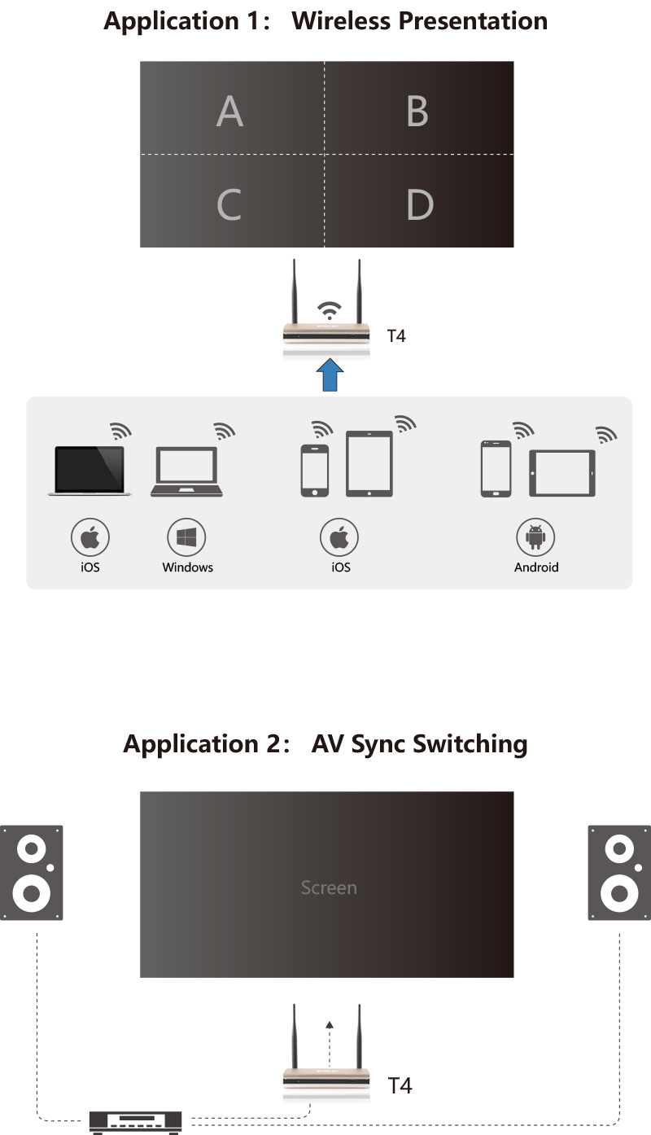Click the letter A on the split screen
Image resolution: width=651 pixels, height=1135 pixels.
pyautogui.click(x=229, y=111)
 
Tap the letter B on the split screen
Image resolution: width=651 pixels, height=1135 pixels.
pyautogui.click(x=417, y=111)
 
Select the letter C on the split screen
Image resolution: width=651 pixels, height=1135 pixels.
pyautogui.click(x=229, y=204)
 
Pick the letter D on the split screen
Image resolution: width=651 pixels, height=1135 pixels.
pyautogui.click(x=419, y=204)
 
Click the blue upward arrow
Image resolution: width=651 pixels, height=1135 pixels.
pyautogui.click(x=329, y=375)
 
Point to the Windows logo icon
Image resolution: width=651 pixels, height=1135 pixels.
pyautogui.click(x=186, y=537)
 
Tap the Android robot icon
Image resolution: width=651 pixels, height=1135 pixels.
pyautogui.click(x=535, y=537)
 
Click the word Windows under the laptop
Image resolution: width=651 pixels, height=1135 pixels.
pyautogui.click(x=187, y=567)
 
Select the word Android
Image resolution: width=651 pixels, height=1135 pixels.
pyautogui.click(x=536, y=567)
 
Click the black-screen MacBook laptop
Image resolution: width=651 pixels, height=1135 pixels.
pyautogui.click(x=90, y=471)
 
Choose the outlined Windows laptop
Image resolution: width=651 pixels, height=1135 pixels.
pyautogui.click(x=187, y=471)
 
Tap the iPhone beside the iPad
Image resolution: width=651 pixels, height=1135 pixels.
pyautogui.click(x=315, y=471)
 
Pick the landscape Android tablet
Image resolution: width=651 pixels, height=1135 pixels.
pyautogui.click(x=562, y=473)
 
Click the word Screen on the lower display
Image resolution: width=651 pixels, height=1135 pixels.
pyautogui.click(x=329, y=887)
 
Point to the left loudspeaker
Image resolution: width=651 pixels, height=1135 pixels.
pyautogui.click(x=32, y=873)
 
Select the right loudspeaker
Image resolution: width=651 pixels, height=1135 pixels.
pyautogui.click(x=619, y=873)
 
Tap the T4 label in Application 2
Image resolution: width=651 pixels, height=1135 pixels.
pyautogui.click(x=400, y=1085)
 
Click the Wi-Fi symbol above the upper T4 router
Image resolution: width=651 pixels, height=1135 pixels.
pyautogui.click(x=329, y=309)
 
